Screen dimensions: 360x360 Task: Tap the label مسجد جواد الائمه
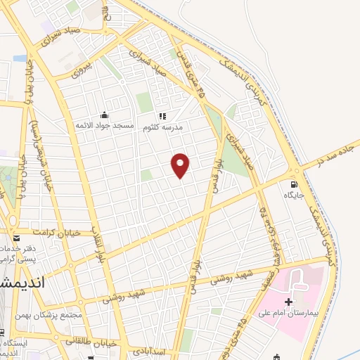[x=105, y=125]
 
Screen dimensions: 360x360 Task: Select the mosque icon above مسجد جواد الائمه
[x=105, y=115]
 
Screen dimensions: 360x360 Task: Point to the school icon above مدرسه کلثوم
[x=162, y=116]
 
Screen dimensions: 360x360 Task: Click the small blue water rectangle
[x=20, y=58]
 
